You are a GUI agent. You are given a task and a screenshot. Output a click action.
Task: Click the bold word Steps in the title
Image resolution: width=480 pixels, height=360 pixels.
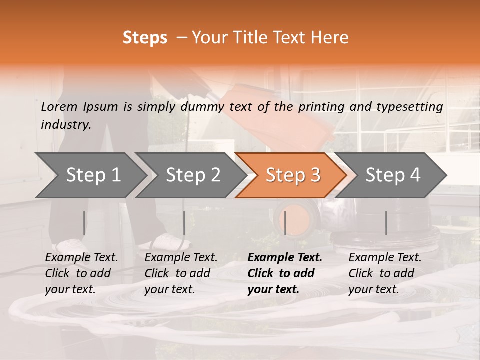(x=145, y=38)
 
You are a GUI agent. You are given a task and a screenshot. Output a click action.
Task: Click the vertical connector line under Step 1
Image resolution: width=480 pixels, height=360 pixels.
(x=84, y=223)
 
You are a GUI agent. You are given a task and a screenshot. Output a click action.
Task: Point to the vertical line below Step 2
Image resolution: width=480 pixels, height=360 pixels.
(x=184, y=223)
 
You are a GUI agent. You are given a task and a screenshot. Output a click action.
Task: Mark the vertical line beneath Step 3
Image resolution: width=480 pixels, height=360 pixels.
(x=285, y=223)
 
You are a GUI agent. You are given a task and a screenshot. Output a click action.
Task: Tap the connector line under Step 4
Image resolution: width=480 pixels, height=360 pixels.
(x=386, y=223)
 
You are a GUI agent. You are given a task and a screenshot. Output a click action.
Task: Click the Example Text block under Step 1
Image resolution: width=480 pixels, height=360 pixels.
(x=81, y=273)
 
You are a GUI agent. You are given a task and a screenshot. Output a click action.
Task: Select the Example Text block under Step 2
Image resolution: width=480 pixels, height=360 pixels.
(x=181, y=273)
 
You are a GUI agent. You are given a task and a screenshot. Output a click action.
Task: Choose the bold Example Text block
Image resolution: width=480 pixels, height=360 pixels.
(x=284, y=273)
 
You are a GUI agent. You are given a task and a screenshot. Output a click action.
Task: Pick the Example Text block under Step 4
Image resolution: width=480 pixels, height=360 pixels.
(x=385, y=273)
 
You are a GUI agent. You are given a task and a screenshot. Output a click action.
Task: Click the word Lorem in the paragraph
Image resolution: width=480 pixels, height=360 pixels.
(x=59, y=107)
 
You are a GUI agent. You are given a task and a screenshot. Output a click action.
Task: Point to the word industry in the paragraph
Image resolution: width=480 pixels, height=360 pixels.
(x=66, y=125)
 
